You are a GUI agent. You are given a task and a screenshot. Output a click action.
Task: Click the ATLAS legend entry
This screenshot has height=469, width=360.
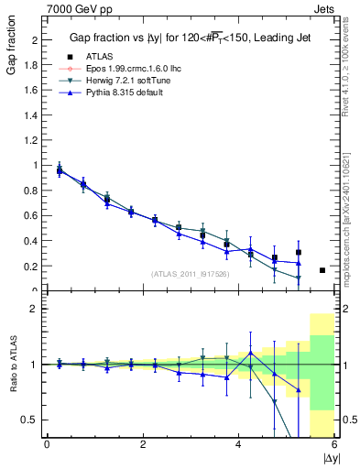pyautogui.click(x=93, y=58)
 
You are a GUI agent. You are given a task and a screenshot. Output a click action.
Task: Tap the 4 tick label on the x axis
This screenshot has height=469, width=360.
pyautogui.click(x=238, y=444)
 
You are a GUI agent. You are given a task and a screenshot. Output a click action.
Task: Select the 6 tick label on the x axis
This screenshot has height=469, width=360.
pyautogui.click(x=334, y=444)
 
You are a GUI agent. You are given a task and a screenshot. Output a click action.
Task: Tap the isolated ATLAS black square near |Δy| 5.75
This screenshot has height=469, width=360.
pyautogui.click(x=322, y=270)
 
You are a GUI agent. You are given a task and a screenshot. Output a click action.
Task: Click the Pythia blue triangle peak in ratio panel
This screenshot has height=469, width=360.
pyautogui.click(x=251, y=353)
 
